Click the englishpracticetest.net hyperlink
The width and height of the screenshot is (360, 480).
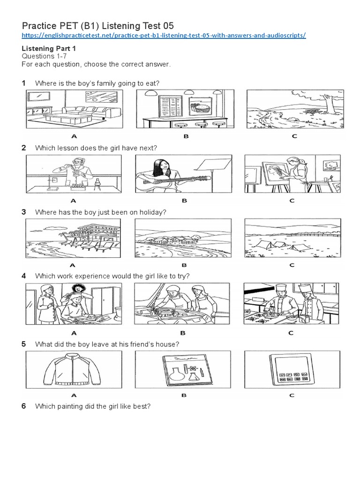pos(164,36)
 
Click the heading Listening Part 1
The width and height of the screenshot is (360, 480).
pos(49,48)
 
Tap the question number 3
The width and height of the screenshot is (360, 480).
pos(23,212)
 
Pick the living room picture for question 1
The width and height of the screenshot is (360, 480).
pos(74,109)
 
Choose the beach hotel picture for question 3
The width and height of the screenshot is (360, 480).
pos(74,238)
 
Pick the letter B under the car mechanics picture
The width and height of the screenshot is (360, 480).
pos(184,333)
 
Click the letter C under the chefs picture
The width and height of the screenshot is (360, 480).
pos(292,333)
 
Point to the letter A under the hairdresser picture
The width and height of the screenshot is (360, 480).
pos(74,333)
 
